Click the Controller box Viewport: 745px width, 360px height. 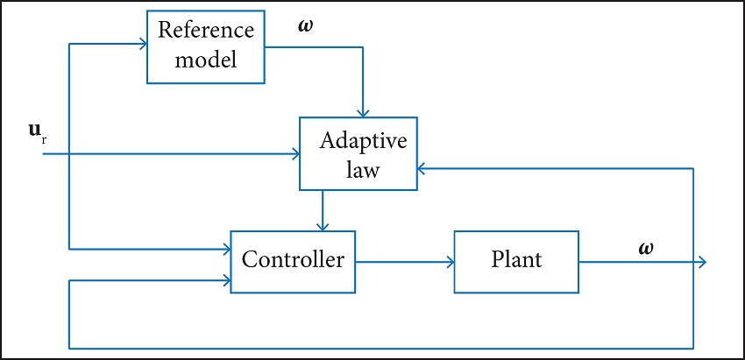(x=293, y=260)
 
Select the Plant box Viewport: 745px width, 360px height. (x=516, y=260)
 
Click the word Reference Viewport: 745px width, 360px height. (x=205, y=31)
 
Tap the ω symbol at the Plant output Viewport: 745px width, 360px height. (x=646, y=248)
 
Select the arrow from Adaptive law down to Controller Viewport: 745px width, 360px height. (x=323, y=211)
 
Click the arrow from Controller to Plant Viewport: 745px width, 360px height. (x=405, y=261)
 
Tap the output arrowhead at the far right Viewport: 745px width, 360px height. (x=701, y=261)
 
